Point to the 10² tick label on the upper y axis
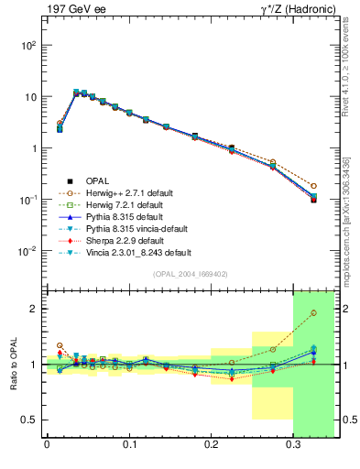pyautogui.click(x=28, y=45)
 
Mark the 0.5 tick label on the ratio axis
pyautogui.click(x=30, y=420)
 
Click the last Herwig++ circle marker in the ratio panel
pyautogui.click(x=313, y=313)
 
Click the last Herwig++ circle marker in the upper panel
pyautogui.click(x=313, y=186)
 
